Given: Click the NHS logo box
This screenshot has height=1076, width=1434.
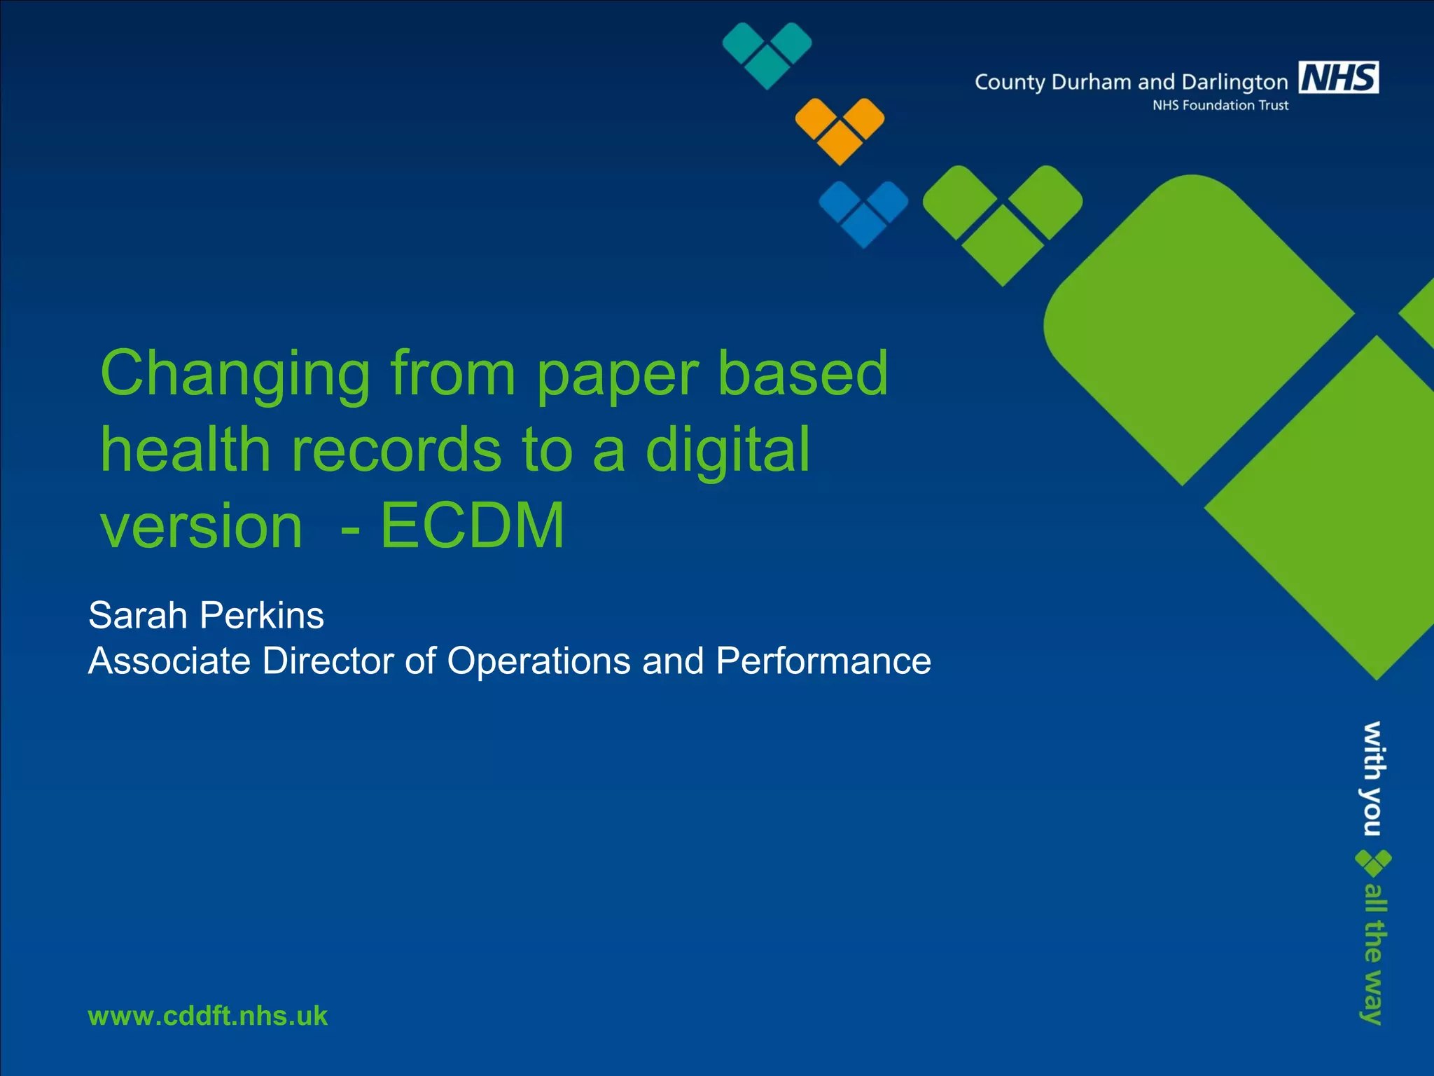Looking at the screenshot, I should click(x=1338, y=77).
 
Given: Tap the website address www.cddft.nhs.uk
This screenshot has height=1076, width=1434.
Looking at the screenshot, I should click(x=207, y=1016).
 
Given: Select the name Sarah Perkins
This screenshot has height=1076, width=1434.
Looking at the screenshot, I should click(x=206, y=615).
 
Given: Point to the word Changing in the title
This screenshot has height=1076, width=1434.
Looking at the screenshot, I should click(x=235, y=374).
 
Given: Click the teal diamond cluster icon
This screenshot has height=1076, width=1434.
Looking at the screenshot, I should click(x=767, y=55).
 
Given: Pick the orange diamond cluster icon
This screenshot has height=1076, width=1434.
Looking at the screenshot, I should click(x=840, y=130).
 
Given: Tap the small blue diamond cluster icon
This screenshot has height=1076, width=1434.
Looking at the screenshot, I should click(x=863, y=213).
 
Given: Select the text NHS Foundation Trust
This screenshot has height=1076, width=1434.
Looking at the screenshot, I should click(x=1220, y=105).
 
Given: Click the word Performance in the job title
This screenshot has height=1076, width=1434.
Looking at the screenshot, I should click(x=823, y=661).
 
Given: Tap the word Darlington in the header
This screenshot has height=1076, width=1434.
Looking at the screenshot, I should click(x=1234, y=83).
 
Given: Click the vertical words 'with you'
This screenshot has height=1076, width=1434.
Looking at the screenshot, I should click(x=1372, y=778).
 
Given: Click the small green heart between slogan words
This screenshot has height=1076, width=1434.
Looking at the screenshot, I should click(x=1372, y=863).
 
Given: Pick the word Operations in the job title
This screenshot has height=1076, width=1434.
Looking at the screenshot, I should click(x=538, y=661).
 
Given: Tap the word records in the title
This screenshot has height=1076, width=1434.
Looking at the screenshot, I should click(x=396, y=450).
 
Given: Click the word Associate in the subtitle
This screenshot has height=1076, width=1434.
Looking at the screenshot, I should click(x=169, y=661).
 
